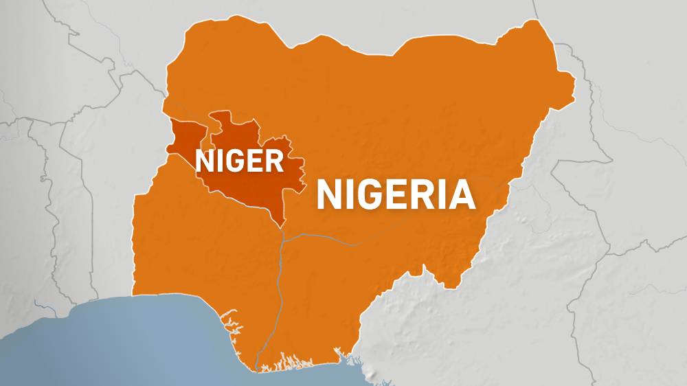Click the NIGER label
240,161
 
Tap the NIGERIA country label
396,194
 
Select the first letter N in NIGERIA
329,194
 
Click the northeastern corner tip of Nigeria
531,23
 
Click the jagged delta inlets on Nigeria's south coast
289,361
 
